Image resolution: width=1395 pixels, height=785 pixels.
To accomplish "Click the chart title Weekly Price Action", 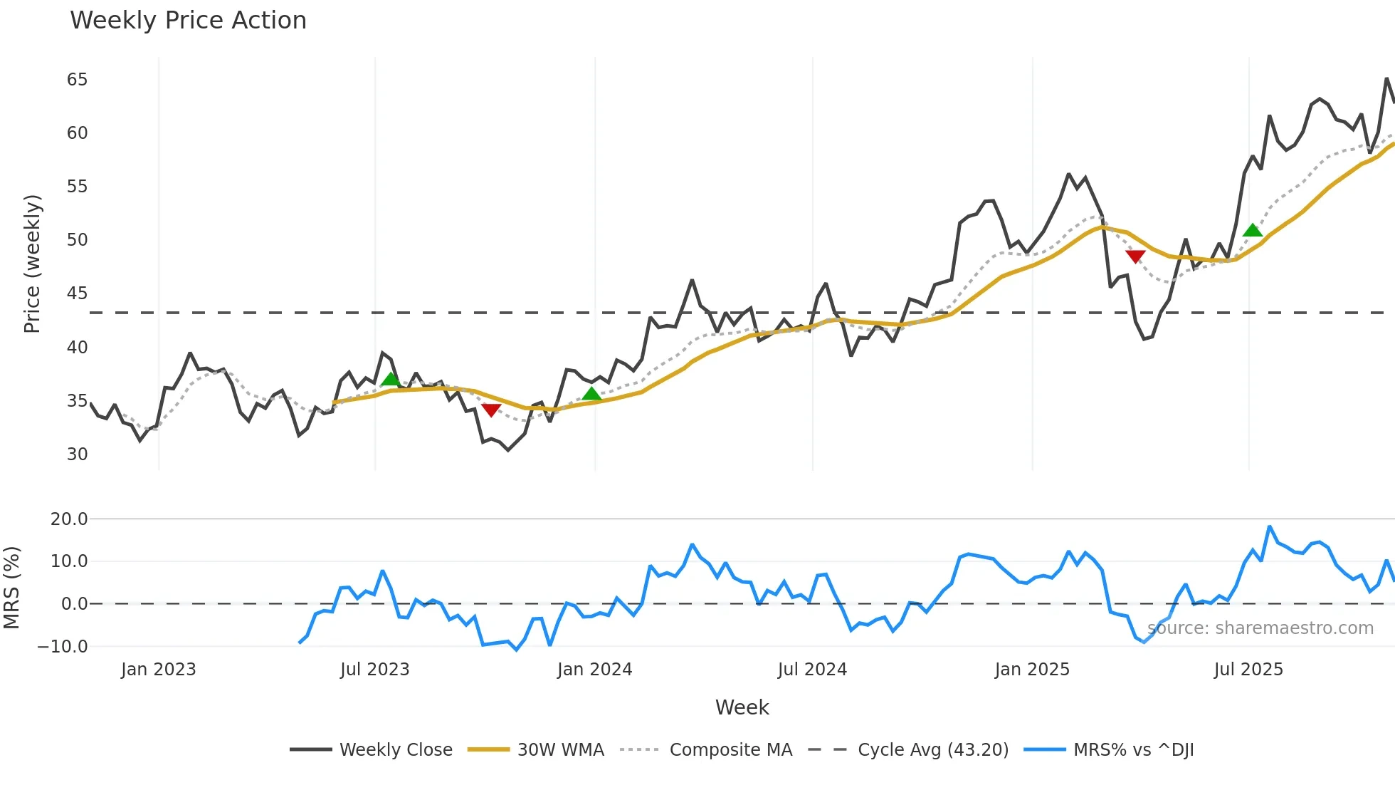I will pos(188,21).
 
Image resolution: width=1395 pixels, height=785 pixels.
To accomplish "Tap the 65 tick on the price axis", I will pos(78,80).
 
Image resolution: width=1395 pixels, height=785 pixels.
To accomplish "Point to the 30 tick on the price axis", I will pos(78,454).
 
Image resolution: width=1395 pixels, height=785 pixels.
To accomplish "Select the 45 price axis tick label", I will pos(78,293).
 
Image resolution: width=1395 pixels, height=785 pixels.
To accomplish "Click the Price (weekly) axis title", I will pos(32,264).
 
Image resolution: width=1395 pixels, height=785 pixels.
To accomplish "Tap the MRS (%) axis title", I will pos(11,588).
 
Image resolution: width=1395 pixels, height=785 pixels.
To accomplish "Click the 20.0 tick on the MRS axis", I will pos(69,519).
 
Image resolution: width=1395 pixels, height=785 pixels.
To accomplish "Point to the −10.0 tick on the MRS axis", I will pos(63,647).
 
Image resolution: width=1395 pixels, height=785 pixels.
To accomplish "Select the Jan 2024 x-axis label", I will pos(594,670).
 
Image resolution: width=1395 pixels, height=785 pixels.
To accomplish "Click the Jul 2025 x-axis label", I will pos(1248,670).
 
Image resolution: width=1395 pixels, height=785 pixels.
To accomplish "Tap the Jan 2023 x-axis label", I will pos(158,670).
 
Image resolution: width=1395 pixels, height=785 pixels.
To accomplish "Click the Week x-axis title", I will pos(742,707).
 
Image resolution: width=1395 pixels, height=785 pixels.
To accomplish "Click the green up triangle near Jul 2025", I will pos(1252,230).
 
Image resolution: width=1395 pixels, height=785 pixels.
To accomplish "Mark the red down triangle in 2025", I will pos(1135,256).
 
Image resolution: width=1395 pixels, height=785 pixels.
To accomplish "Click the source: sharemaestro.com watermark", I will pos(1260,628).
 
